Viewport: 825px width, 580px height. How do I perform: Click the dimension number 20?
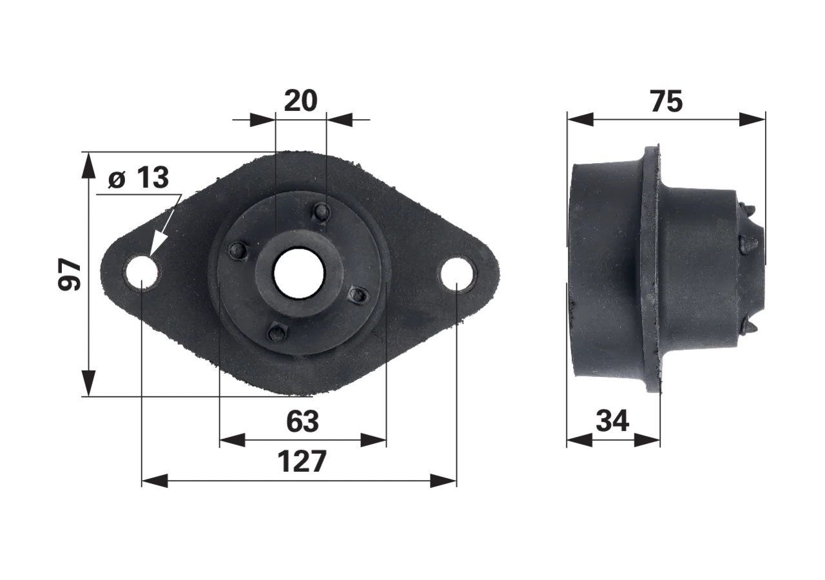[300, 101]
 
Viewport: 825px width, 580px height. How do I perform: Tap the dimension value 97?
[70, 275]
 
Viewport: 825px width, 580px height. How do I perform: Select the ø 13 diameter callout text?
[139, 177]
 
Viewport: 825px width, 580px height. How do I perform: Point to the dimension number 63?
[302, 421]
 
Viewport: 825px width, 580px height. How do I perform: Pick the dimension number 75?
[666, 102]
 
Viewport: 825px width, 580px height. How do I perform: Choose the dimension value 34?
[612, 421]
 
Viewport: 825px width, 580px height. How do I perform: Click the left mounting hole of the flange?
[142, 273]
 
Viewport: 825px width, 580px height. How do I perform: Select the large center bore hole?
[298, 273]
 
